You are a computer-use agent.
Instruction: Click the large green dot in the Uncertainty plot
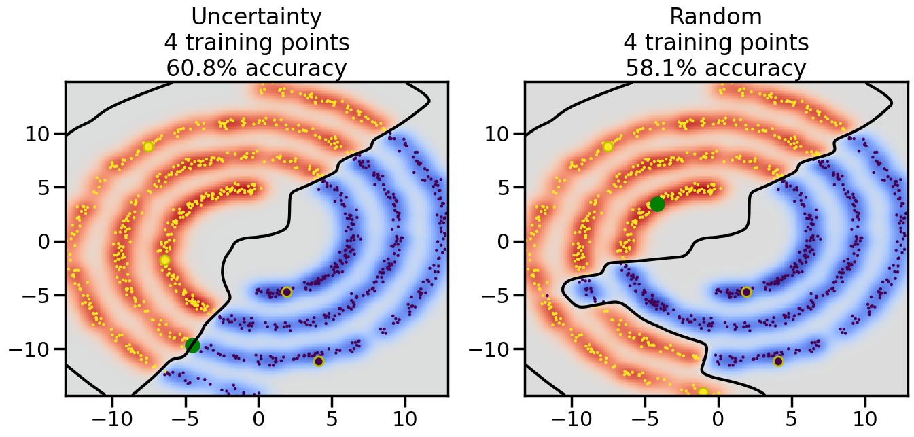192,345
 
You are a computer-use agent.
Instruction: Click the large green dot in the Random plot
657,204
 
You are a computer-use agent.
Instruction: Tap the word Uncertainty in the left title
257,17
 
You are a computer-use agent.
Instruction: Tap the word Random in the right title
716,17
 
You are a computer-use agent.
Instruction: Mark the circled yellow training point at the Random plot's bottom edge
703,392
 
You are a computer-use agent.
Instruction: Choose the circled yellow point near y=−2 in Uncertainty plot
164,260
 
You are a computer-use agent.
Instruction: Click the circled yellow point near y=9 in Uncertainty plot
148,147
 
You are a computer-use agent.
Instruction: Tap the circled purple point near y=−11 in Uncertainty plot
319,361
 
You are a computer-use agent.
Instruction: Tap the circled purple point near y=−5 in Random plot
746,292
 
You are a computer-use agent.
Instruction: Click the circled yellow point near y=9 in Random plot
608,147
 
